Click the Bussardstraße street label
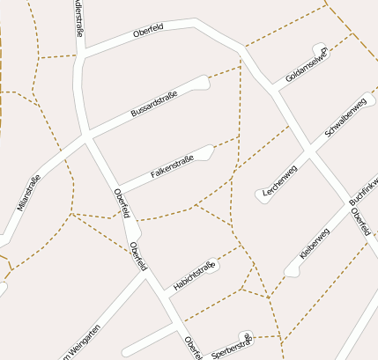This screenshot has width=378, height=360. click(x=154, y=104)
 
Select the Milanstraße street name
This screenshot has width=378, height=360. click(x=28, y=194)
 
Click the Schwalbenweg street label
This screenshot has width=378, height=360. click(x=345, y=116)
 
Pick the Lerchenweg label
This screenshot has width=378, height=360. click(x=280, y=181)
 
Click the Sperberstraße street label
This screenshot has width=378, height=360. click(x=233, y=346)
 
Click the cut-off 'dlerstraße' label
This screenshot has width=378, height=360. click(x=78, y=18)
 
